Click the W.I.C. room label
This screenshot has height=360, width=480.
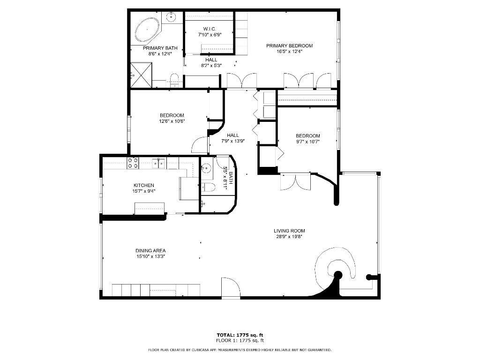[209, 29]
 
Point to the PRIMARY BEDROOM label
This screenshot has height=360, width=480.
[289, 45]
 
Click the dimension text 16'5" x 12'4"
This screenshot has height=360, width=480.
[289, 52]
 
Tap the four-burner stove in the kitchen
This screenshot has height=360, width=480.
[133, 163]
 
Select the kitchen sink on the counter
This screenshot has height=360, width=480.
[159, 163]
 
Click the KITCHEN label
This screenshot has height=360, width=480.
[143, 185]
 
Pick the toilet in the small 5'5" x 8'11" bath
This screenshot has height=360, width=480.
[209, 187]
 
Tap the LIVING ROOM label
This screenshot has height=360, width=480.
[289, 231]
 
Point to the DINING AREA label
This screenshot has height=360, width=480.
[150, 250]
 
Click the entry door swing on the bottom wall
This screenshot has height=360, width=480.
[230, 287]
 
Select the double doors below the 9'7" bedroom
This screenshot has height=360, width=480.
[295, 182]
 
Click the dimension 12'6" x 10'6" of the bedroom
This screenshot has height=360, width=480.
[172, 121]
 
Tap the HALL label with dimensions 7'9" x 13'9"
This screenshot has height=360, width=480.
[232, 135]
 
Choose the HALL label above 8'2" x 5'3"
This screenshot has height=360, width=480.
[211, 60]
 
